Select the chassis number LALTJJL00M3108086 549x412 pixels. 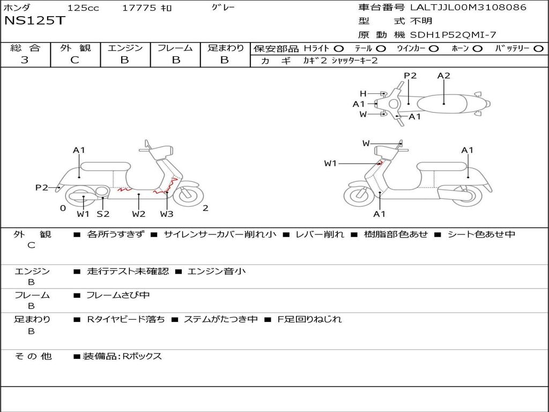(x=468, y=8)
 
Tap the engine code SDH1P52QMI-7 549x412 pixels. (x=453, y=35)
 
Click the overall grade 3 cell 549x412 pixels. (x=25, y=60)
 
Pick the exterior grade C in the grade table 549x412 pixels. (x=75, y=60)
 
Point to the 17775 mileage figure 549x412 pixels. (x=139, y=8)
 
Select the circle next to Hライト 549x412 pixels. (x=339, y=48)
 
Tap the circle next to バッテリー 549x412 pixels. (x=538, y=48)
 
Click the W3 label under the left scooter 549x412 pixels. (x=167, y=214)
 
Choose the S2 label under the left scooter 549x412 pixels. (x=103, y=214)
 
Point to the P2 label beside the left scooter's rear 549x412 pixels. (x=42, y=187)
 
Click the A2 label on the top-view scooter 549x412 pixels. (x=443, y=76)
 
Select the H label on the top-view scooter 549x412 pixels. (x=363, y=93)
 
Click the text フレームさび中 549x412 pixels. (x=118, y=295)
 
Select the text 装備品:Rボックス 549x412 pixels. (x=122, y=356)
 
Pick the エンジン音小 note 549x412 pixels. (x=217, y=271)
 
